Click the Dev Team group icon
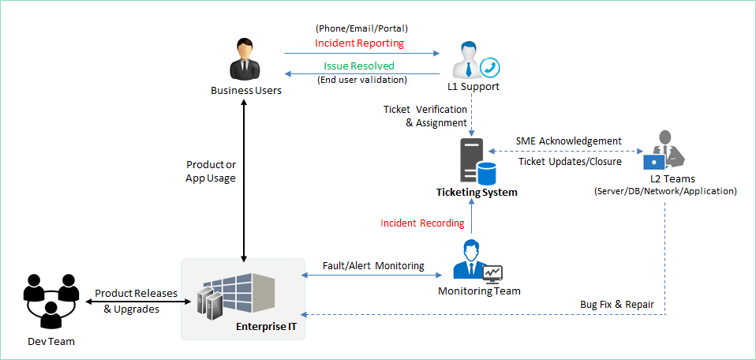[51, 300]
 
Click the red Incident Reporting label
[359, 43]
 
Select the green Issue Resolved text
[359, 66]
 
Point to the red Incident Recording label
[422, 223]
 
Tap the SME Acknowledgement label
[568, 141]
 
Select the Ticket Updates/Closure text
[570, 162]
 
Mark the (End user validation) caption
[362, 79]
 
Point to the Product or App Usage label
[211, 171]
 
